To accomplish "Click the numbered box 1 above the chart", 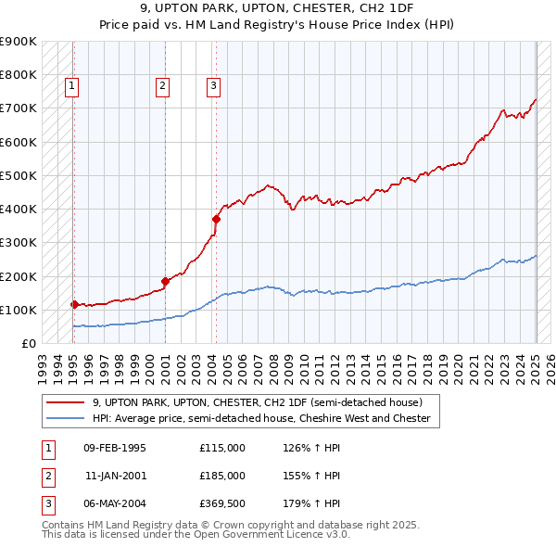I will [x=71, y=87].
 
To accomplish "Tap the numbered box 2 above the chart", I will [x=162, y=87].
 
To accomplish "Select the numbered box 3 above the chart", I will [x=213, y=87].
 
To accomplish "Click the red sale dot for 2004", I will [x=216, y=220].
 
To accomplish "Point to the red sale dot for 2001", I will [x=165, y=281].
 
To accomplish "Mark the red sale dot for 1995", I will [x=74, y=304].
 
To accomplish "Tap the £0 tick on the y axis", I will [x=30, y=343].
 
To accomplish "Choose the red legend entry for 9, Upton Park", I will [x=258, y=402].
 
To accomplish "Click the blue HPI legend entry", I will [x=261, y=418].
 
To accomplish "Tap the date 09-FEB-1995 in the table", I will [x=115, y=448].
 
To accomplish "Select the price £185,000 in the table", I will [x=222, y=476].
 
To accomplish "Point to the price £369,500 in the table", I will [x=222, y=503].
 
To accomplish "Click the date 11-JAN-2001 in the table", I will [x=115, y=476].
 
